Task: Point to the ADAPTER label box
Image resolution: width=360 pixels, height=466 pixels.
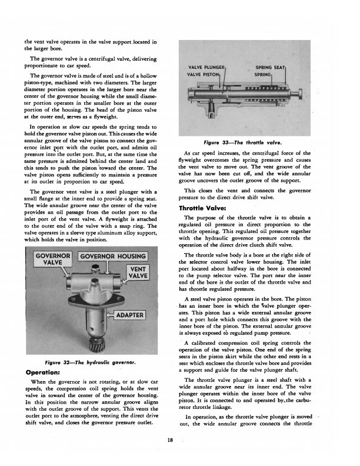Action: [x=130, y=315]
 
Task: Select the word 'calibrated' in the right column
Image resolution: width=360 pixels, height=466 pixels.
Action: [x=209, y=343]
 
